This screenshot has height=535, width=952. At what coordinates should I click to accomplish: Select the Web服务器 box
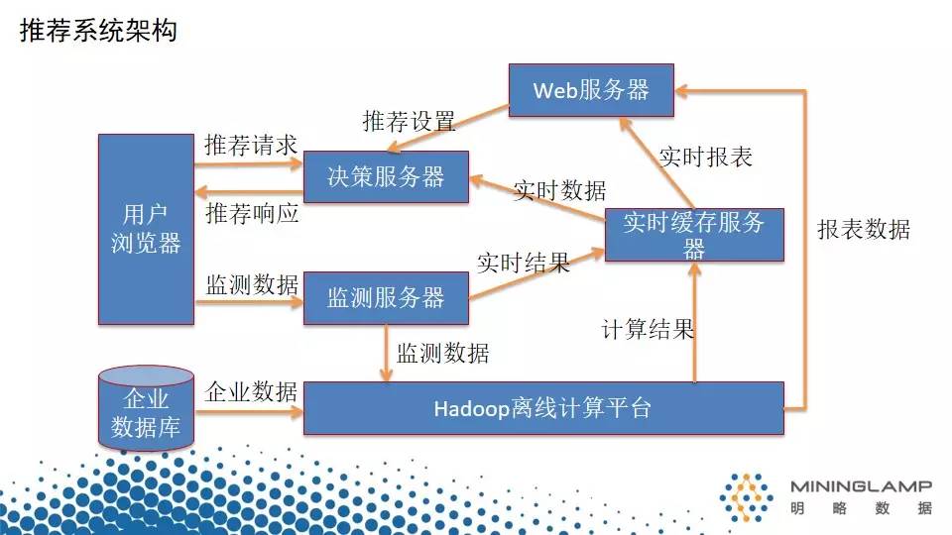(591, 90)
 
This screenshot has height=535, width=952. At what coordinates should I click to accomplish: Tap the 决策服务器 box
(386, 177)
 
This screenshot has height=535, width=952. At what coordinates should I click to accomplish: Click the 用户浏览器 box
(146, 229)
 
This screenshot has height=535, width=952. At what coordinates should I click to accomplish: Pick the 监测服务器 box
(386, 297)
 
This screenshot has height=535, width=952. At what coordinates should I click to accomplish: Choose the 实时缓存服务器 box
(694, 235)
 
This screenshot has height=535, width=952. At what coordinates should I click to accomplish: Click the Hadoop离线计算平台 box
(542, 407)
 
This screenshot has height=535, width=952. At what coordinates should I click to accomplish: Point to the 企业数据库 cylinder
(146, 411)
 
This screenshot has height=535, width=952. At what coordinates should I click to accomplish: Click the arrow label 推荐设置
(409, 122)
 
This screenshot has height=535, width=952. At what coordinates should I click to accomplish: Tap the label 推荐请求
(251, 145)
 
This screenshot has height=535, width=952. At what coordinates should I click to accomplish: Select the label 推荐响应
(251, 213)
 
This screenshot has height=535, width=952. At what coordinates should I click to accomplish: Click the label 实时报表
(706, 157)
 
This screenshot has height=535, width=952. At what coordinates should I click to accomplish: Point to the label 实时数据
(559, 190)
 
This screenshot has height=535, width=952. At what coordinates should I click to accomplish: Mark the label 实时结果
(523, 264)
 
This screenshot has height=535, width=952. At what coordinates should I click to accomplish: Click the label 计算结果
(648, 329)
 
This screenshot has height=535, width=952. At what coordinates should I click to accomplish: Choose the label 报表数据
(863, 230)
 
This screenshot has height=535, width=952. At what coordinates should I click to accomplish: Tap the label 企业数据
(251, 391)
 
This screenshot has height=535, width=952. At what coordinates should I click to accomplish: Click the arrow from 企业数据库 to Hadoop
(249, 409)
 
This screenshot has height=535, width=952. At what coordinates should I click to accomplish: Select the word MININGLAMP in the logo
(861, 485)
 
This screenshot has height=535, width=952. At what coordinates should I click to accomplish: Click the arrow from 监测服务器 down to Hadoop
(387, 352)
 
